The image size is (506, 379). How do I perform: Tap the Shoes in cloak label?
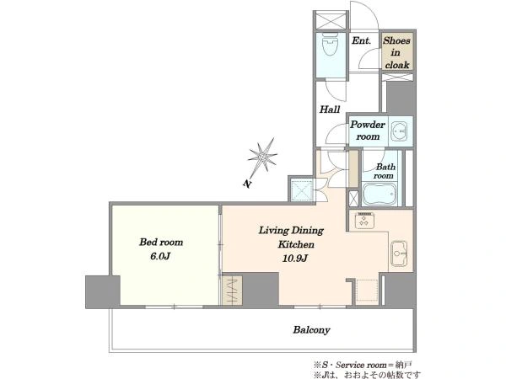point(397,52)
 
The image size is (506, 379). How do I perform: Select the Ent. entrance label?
point(361,41)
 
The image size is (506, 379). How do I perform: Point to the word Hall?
point(330,109)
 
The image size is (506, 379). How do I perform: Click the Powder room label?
point(368,131)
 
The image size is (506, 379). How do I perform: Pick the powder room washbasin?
point(399,131)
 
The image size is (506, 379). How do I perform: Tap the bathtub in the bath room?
point(379,194)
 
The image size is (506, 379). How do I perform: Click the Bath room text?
point(385,171)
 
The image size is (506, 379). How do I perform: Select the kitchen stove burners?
point(364,221)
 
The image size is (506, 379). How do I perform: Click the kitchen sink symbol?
point(399,254)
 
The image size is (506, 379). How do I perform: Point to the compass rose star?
point(263,157)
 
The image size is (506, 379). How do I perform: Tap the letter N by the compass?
point(247,184)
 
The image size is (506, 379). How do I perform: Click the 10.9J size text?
point(294,259)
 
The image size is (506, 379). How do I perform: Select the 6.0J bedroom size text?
point(160,256)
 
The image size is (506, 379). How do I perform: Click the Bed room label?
point(161,242)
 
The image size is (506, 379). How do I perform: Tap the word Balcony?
point(311,330)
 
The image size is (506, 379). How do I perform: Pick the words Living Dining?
point(291,230)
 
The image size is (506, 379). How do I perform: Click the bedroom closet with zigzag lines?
point(233,290)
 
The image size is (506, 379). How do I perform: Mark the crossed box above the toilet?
point(331,21)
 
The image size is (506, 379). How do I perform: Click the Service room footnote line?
point(363,365)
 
